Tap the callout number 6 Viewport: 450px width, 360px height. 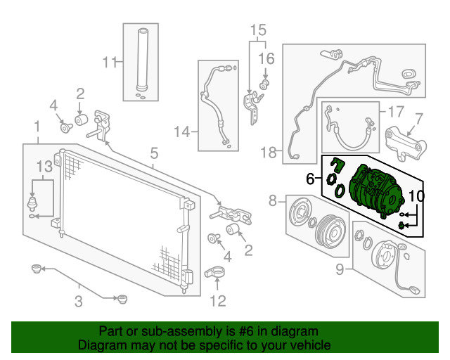pyautogui.click(x=310, y=179)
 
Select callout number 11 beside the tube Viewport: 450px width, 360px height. pyautogui.click(x=108, y=63)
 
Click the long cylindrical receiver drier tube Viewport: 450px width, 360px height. pyautogui.click(x=143, y=60)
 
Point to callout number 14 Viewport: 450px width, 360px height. pyautogui.click(x=182, y=131)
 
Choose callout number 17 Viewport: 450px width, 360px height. pyautogui.click(x=395, y=111)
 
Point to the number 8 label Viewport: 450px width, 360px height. pyautogui.click(x=273, y=202)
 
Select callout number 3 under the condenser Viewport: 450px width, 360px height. pyautogui.click(x=79, y=302)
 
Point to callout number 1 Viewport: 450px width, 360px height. pyautogui.click(x=36, y=127)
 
